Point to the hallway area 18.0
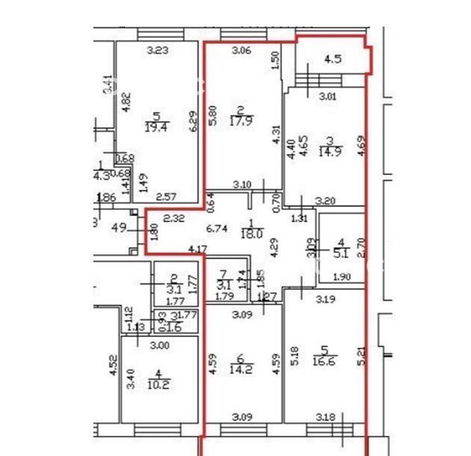(x=254, y=232)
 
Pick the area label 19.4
(x=156, y=128)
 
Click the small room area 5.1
(x=341, y=253)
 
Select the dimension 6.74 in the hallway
(x=216, y=230)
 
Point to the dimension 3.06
(x=240, y=51)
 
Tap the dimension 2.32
(x=173, y=218)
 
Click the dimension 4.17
(x=197, y=250)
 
